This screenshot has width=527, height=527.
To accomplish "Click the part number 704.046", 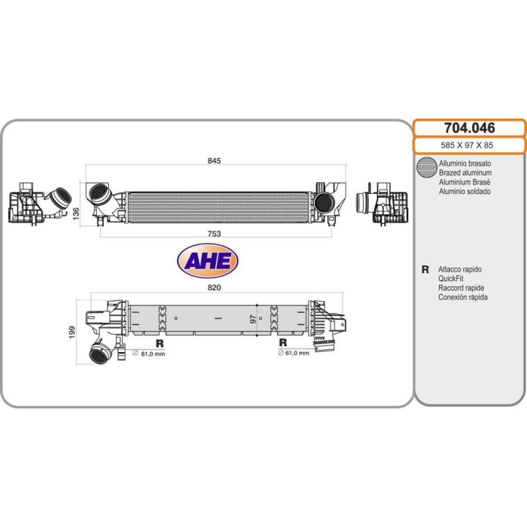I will [469, 128].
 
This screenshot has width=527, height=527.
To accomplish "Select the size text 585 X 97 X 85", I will [469, 146].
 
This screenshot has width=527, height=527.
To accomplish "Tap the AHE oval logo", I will [208, 260].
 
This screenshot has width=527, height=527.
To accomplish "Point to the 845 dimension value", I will [214, 160].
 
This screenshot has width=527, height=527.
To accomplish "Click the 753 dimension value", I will [214, 233].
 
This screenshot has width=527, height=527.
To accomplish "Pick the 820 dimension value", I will [214, 288].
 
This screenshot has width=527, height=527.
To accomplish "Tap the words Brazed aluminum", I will [465, 172].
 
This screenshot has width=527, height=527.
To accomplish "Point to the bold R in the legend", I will [425, 269].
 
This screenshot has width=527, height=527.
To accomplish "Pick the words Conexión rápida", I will [463, 297].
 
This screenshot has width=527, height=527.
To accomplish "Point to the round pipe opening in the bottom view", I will [98, 355].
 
